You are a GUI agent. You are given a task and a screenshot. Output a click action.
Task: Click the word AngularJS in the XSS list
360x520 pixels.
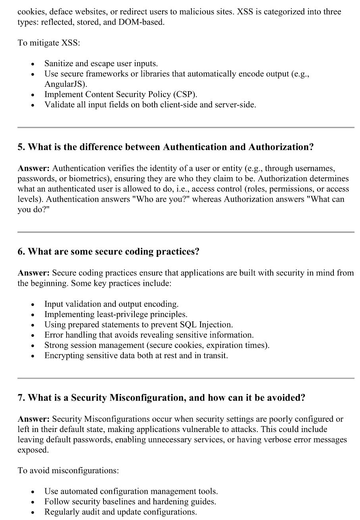tap(63, 84)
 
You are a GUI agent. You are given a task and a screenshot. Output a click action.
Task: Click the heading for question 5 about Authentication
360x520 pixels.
tap(165, 147)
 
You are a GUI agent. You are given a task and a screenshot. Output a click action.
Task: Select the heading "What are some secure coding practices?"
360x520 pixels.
tap(113, 252)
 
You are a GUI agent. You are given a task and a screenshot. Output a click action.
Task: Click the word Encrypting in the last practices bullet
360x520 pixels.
tap(63, 356)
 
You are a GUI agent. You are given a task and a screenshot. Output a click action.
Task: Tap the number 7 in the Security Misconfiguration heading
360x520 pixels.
tap(20, 398)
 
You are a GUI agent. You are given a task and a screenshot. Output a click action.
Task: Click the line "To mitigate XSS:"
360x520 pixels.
tap(49, 43)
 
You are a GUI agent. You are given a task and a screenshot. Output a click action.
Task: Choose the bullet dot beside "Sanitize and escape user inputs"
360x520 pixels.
tap(33, 64)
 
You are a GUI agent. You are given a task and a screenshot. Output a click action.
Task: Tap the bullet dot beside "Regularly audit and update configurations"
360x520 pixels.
tap(33, 512)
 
